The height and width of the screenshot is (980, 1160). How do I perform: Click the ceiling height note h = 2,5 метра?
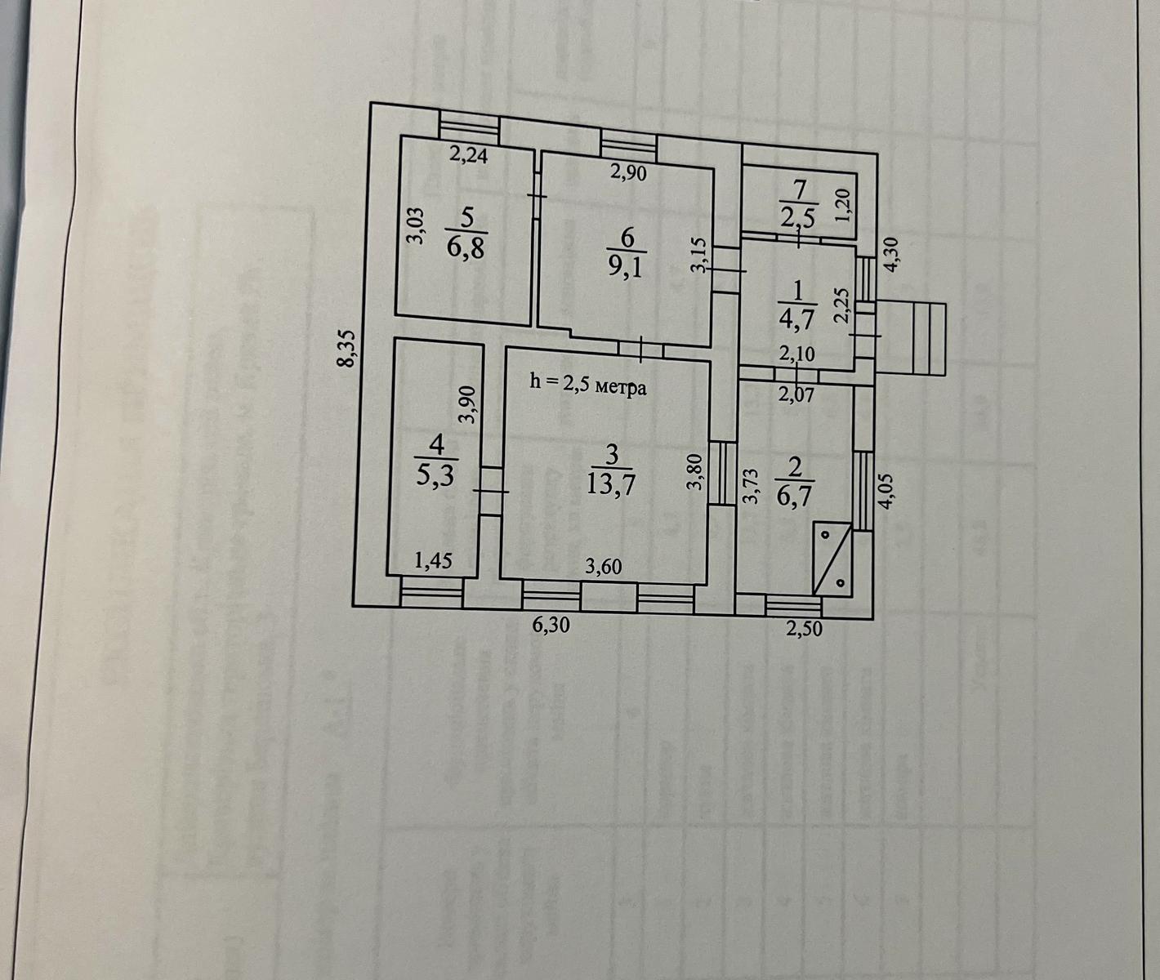(588, 384)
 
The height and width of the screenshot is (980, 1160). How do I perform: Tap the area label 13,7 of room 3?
(610, 485)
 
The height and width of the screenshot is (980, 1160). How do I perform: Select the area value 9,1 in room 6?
(627, 267)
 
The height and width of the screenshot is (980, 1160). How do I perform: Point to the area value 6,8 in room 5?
(466, 247)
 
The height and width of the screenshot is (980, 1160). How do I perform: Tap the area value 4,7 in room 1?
(797, 320)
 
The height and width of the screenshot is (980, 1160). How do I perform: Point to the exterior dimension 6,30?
(551, 626)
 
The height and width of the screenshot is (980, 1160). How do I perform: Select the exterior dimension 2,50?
(805, 628)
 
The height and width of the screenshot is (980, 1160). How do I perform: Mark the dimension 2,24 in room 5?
(469, 154)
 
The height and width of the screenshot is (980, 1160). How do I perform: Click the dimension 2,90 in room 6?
(628, 172)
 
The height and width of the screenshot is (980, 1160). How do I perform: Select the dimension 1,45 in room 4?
(434, 561)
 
